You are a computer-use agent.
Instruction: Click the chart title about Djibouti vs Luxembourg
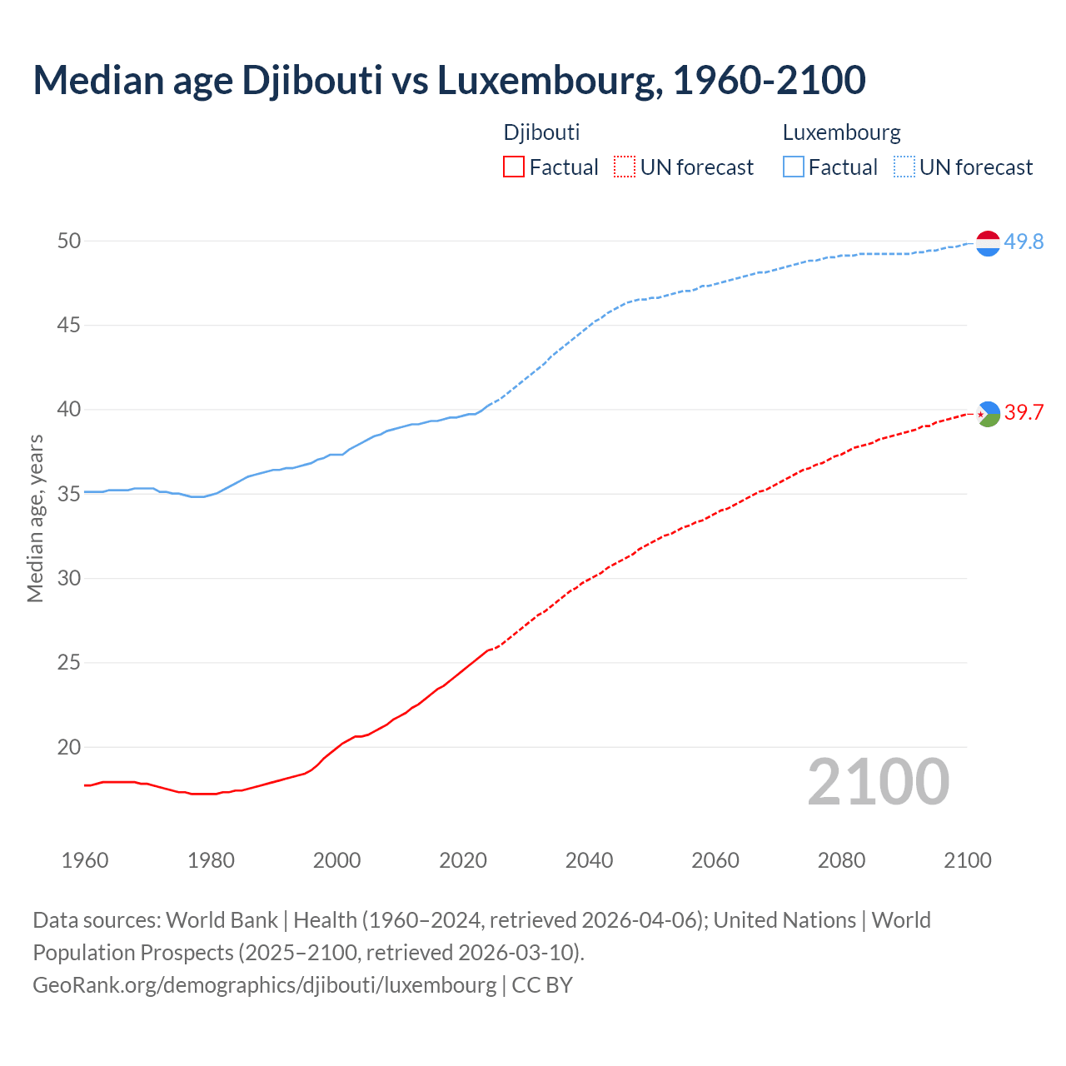tap(449, 80)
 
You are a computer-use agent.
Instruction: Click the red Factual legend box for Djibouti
tap(514, 167)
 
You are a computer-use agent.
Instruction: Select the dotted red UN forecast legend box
tap(625, 167)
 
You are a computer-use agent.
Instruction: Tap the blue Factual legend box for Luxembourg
tap(794, 167)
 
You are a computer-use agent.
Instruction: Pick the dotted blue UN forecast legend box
tap(904, 167)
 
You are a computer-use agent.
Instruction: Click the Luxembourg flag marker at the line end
tap(988, 242)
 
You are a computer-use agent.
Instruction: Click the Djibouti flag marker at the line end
tap(988, 413)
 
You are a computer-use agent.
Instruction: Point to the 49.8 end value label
tap(1024, 242)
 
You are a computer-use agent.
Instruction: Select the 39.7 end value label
tap(1024, 412)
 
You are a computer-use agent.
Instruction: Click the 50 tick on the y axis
tap(69, 242)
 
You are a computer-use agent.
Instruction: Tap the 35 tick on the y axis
tap(69, 494)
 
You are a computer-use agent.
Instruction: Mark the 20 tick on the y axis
tap(69, 747)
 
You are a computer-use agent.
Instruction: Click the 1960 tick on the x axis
tap(85, 860)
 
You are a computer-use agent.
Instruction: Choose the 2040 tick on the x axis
tap(589, 860)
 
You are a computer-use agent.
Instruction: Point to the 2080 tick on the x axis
tap(841, 860)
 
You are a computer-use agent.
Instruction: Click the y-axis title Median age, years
tap(35, 518)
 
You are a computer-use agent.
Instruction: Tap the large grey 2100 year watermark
tap(879, 781)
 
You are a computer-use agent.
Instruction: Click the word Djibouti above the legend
tap(541, 132)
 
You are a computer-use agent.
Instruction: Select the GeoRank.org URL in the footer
tap(264, 984)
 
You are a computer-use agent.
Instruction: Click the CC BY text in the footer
tap(542, 984)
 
